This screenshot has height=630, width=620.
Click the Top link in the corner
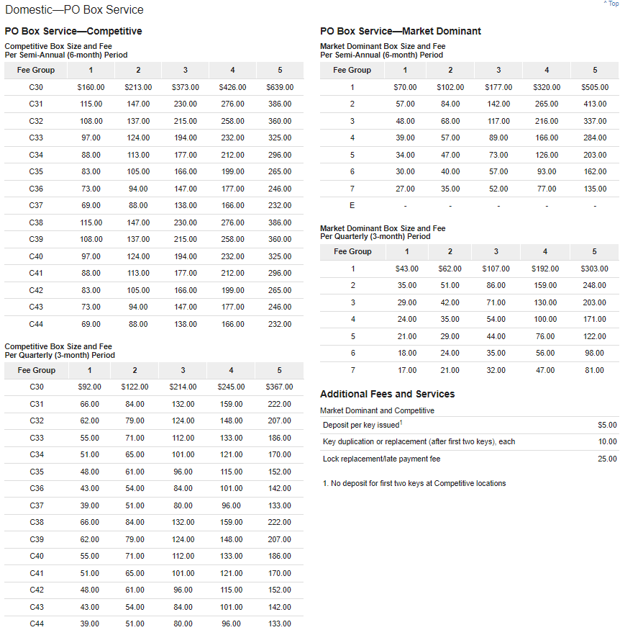pos(611,4)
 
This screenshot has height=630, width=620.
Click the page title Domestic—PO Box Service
pos(74,10)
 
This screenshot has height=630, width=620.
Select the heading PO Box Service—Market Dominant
pos(401,31)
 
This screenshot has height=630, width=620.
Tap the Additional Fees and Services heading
pos(387,394)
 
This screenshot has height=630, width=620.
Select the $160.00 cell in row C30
pos(91,87)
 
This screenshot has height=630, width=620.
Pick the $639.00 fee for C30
pos(280,87)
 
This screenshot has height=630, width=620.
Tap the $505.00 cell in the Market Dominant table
pos(594,87)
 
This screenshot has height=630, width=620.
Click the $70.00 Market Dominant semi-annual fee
pos(405,87)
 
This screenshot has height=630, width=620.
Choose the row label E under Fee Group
pos(352,206)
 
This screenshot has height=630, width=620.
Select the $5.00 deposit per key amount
pos(607,426)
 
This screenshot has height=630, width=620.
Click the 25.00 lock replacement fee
pos(607,459)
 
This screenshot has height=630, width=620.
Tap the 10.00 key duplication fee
pos(607,442)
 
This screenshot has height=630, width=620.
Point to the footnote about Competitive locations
pos(414,483)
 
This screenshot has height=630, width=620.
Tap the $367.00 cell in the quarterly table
pos(279,387)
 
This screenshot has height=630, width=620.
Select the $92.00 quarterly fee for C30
pos(90,387)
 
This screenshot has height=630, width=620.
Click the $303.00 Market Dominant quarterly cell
pos(593,269)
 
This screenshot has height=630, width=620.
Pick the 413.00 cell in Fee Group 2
pos(594,104)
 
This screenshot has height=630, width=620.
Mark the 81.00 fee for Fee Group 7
pos(594,370)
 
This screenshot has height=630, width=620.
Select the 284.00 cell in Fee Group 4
pos(594,138)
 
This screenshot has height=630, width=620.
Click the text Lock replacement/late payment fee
pos(381,459)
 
